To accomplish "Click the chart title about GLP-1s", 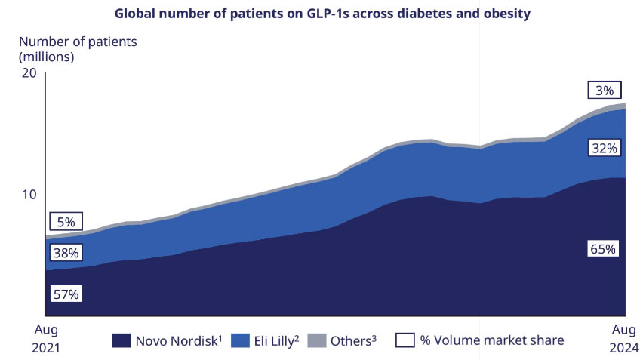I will (321, 13).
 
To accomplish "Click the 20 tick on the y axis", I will (29, 72).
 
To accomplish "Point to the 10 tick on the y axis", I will (29, 194).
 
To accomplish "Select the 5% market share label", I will (66, 222).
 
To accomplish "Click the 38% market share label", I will (66, 253).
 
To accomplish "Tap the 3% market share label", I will (605, 90).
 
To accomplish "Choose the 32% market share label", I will (605, 148).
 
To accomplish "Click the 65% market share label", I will (605, 249).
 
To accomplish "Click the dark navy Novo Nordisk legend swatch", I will (121, 341).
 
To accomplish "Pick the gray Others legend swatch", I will (318, 341).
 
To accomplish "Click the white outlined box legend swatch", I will (405, 341).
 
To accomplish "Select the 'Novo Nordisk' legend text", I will (174, 341).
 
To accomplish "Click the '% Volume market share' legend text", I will (491, 341).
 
